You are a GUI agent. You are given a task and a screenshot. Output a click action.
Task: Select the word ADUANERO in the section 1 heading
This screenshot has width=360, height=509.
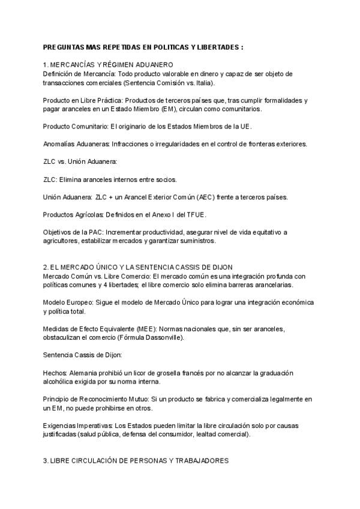coord(154,64)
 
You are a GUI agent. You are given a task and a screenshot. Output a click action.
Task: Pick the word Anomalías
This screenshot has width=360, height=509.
coord(59,144)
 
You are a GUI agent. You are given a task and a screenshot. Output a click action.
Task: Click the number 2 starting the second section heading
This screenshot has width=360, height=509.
coord(46,267)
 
